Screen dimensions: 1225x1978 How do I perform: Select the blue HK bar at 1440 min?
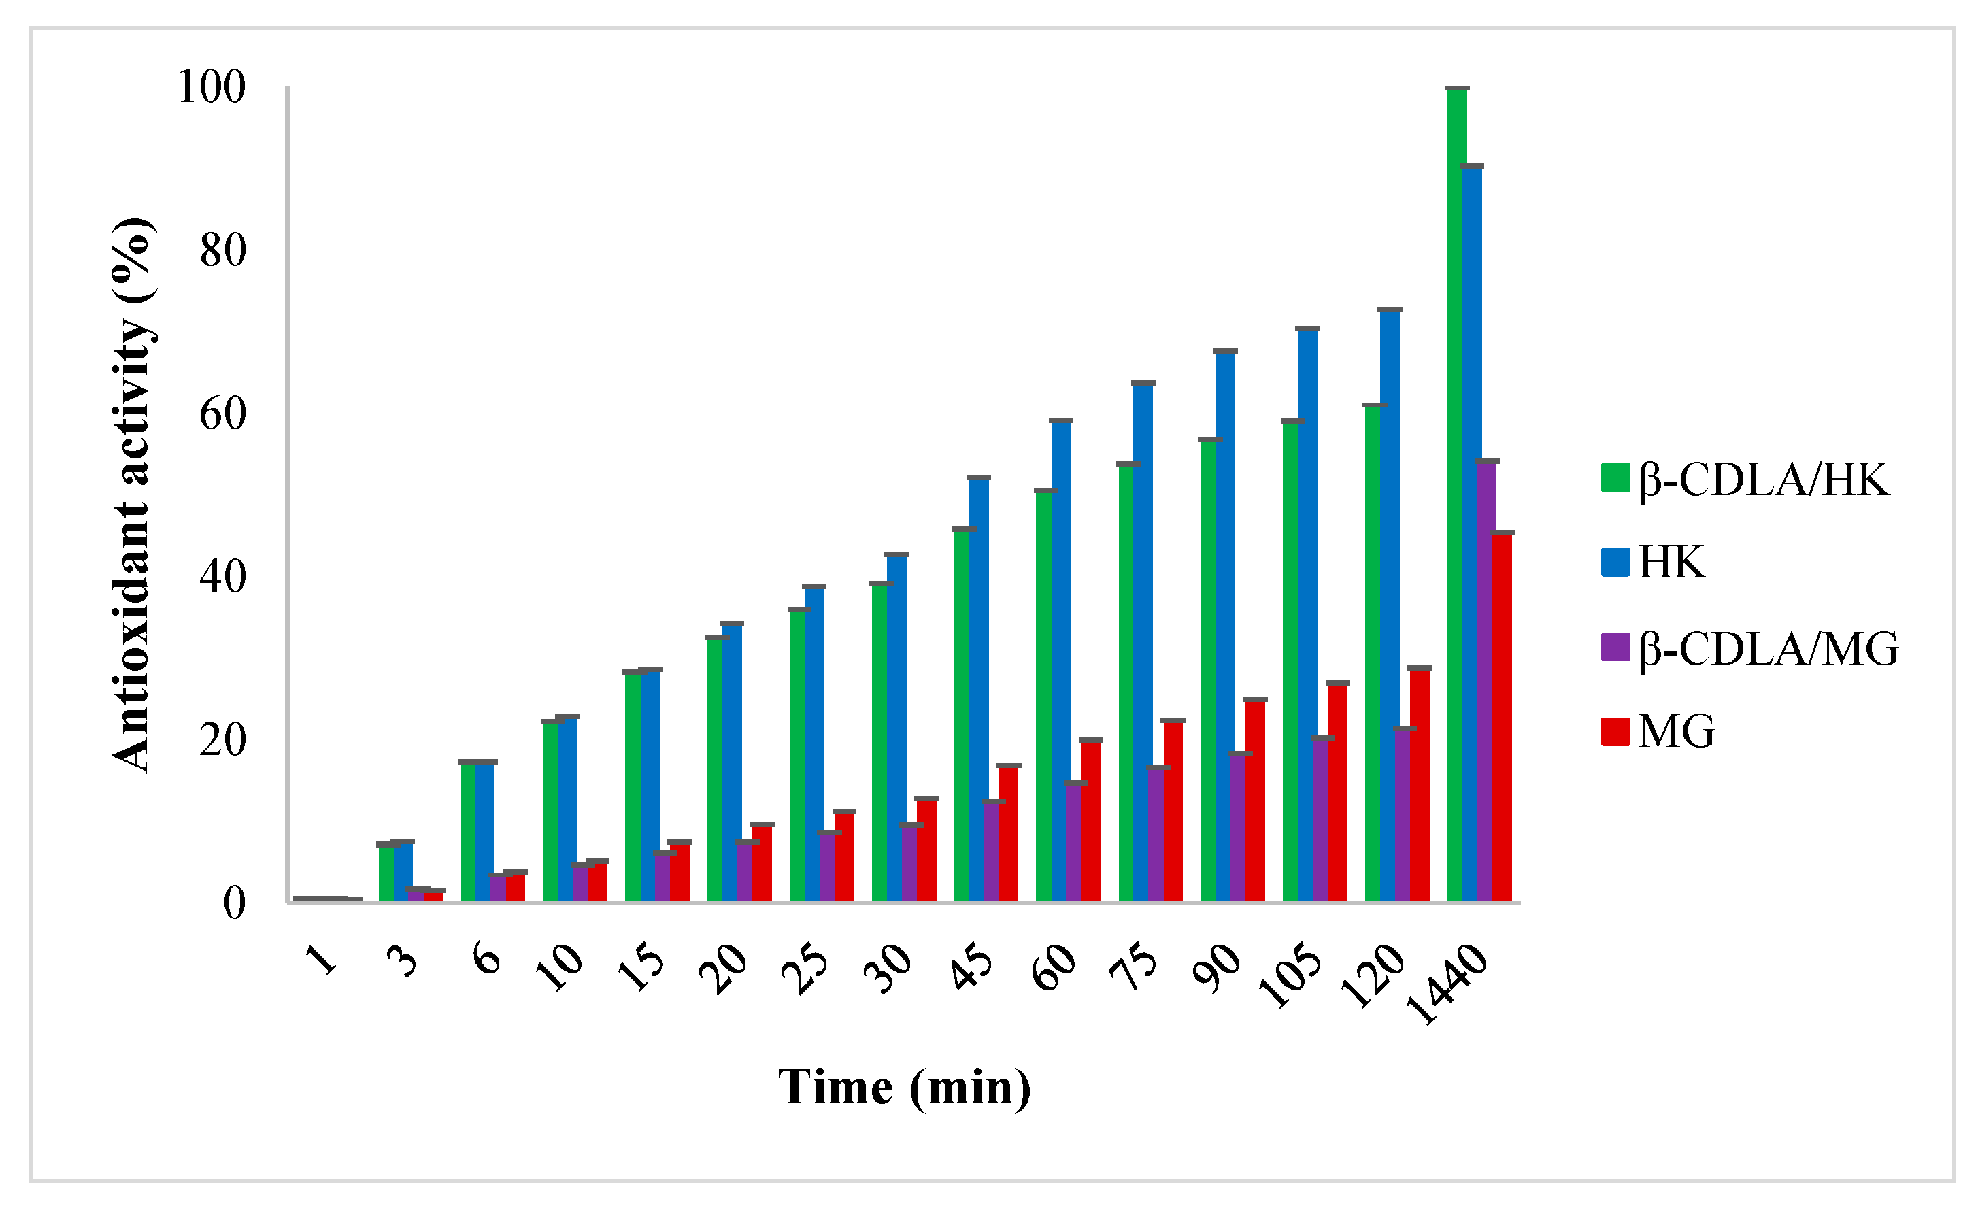[1472, 535]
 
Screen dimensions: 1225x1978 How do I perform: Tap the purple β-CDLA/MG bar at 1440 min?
[1486, 681]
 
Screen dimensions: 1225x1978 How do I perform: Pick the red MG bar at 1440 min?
[1502, 717]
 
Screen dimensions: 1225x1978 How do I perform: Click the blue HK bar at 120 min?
[1389, 603]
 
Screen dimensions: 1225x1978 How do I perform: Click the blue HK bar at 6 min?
[485, 830]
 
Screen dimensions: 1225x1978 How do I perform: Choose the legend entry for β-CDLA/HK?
[1749, 480]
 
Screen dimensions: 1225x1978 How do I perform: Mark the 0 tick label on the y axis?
[234, 903]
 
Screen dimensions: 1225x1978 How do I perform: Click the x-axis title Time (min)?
[905, 1088]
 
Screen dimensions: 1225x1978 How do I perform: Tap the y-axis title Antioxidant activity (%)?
[132, 494]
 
